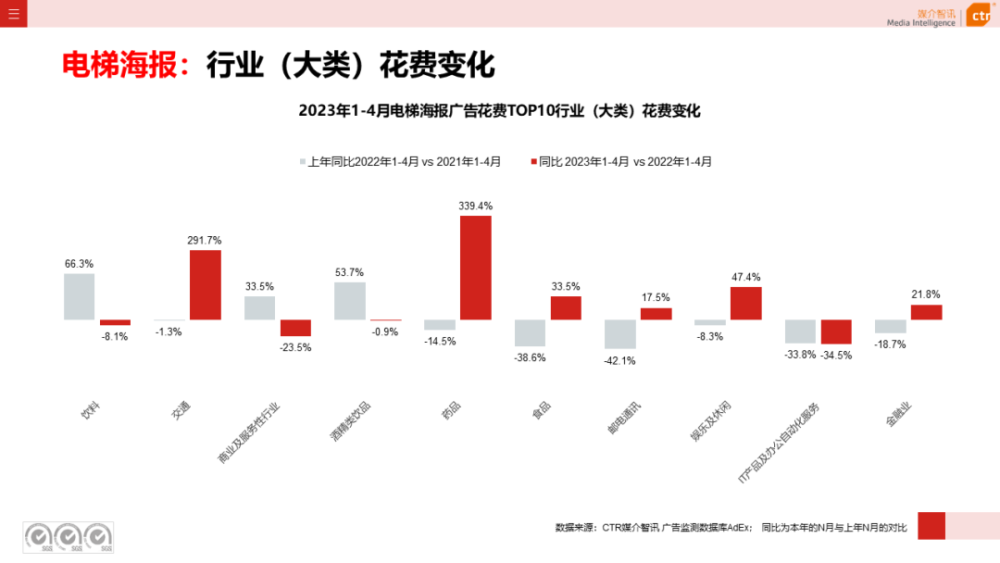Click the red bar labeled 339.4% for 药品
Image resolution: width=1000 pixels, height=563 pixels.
[x=476, y=268]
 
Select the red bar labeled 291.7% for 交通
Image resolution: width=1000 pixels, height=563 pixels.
[x=206, y=284]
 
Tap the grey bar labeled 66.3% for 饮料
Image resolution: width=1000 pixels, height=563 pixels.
[x=79, y=296]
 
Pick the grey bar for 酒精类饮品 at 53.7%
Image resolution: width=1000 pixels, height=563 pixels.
[x=349, y=301]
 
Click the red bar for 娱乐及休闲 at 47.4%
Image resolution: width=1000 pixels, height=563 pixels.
[x=745, y=303]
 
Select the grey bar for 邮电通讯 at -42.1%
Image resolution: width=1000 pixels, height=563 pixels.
[x=619, y=333]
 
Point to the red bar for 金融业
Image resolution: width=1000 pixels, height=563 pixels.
[x=926, y=312]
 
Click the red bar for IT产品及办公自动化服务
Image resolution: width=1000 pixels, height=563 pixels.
[x=836, y=332]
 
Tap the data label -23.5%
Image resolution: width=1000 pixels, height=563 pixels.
[x=296, y=347]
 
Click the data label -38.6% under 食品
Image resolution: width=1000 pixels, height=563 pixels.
[x=530, y=357]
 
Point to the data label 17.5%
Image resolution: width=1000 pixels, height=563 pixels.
[x=656, y=297]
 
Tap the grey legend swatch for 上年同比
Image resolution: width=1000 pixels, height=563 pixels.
[x=302, y=161]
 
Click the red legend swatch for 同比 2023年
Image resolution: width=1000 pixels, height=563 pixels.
[x=533, y=161]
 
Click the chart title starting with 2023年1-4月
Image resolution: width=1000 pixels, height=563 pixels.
[x=499, y=111]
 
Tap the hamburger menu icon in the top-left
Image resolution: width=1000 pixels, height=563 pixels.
[x=13, y=13]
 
